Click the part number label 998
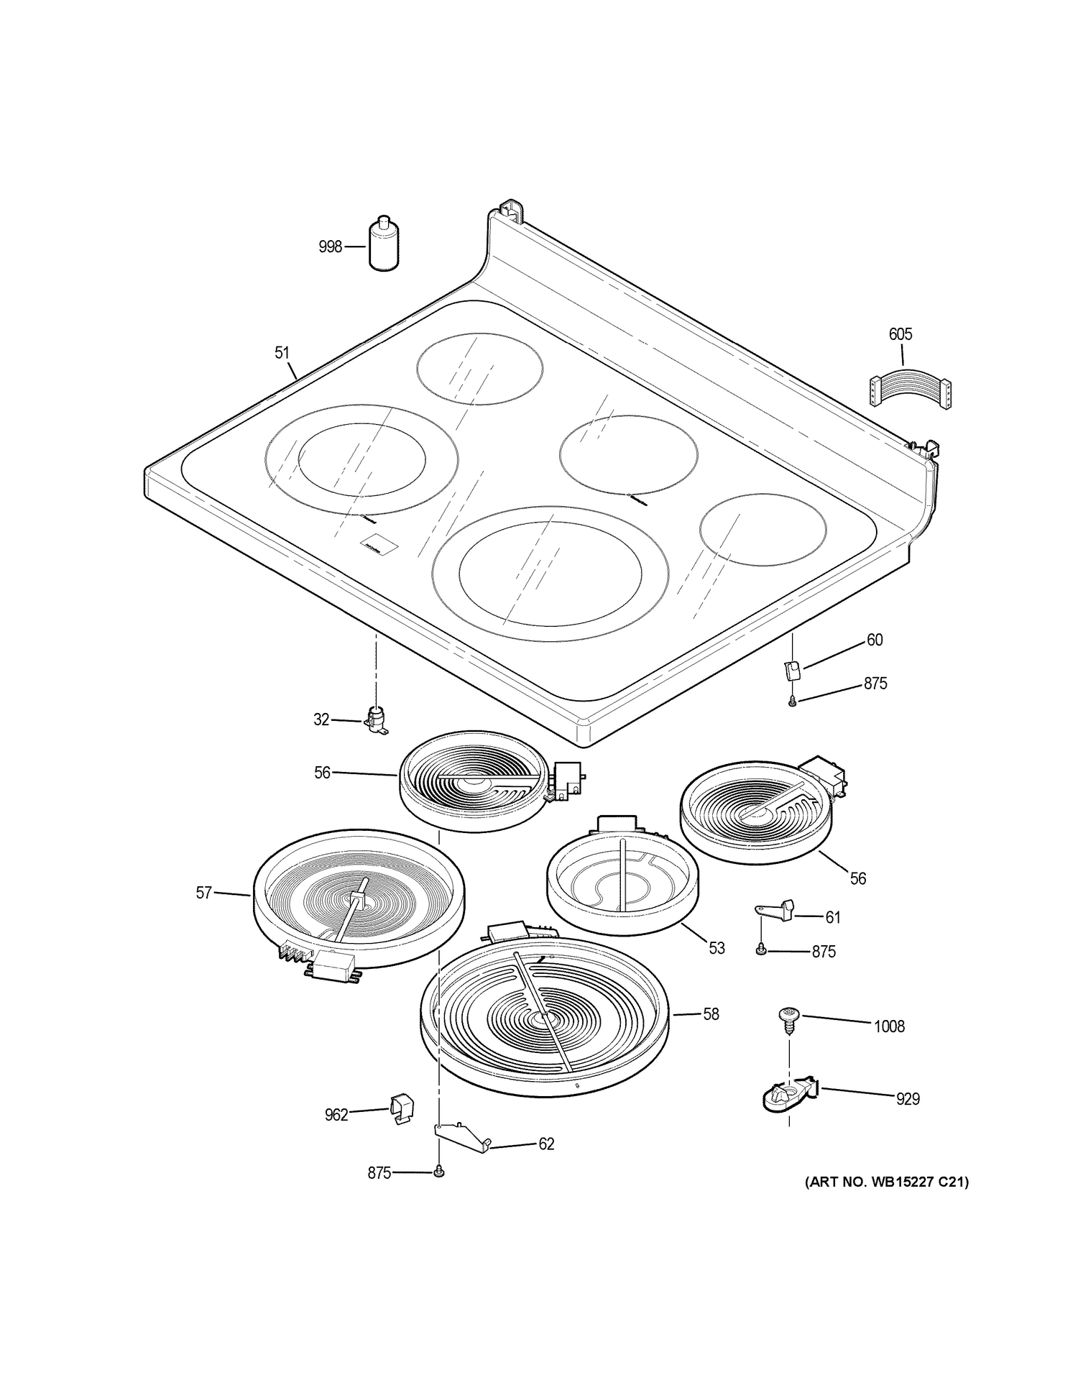point(330,247)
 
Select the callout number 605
point(900,334)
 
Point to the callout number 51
point(282,352)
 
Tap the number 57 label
point(204,893)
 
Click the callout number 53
point(717,948)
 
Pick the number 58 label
point(711,1014)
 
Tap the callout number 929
point(908,1099)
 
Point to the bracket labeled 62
point(460,1137)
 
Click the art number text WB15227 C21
point(886,1182)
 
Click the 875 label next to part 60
point(875,684)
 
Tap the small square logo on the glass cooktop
point(372,546)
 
